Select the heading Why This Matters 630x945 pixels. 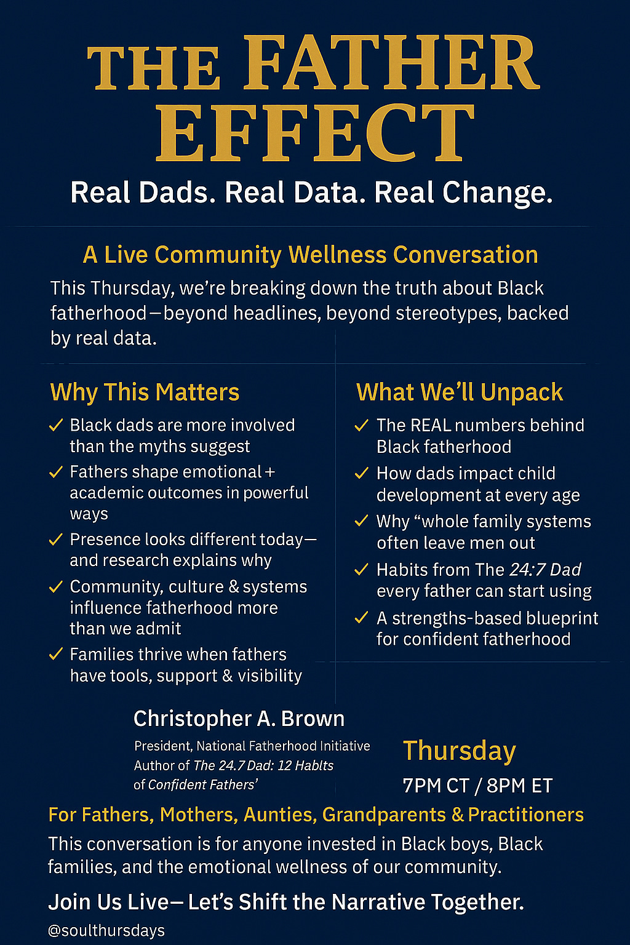tap(145, 393)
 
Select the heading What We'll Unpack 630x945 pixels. tap(460, 393)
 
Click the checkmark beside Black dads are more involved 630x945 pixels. tap(56, 425)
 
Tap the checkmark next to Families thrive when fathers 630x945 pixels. tap(56, 654)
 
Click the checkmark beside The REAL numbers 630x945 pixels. tap(362, 425)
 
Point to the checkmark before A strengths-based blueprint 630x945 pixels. tap(362, 618)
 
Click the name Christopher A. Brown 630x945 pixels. tap(239, 719)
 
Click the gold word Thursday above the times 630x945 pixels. tap(459, 751)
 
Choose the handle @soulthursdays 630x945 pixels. tap(106, 930)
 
